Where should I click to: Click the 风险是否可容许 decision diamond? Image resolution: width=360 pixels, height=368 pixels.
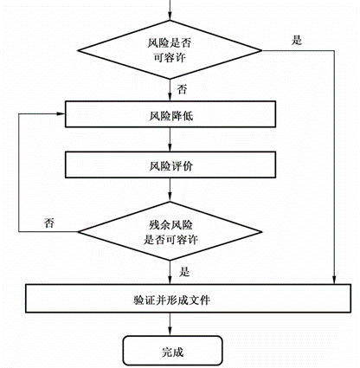click(x=170, y=50)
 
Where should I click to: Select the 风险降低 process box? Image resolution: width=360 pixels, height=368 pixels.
click(x=170, y=114)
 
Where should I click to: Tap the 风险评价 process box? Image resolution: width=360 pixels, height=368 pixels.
click(x=170, y=165)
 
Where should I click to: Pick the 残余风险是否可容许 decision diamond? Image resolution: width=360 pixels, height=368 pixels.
click(x=170, y=231)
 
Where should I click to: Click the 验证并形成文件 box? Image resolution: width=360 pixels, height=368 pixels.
click(x=188, y=299)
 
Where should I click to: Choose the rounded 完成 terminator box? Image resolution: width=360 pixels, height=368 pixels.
click(x=172, y=351)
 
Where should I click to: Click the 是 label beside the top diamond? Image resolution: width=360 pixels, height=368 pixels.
click(x=297, y=40)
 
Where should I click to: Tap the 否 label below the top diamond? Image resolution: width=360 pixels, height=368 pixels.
click(x=182, y=89)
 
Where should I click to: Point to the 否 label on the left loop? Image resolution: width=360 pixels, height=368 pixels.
click(x=49, y=223)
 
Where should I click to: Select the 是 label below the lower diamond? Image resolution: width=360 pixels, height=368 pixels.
click(x=184, y=272)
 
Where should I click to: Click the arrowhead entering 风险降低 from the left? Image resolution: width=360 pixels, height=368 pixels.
click(x=61, y=113)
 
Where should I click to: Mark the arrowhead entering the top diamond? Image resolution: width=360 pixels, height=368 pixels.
click(x=170, y=16)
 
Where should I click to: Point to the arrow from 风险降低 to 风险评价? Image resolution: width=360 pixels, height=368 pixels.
click(x=170, y=139)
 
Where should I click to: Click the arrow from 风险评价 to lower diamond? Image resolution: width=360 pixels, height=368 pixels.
click(x=170, y=190)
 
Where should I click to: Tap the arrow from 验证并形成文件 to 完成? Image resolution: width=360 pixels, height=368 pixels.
click(x=170, y=324)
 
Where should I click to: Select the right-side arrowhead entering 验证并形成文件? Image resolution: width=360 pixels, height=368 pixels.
click(x=334, y=281)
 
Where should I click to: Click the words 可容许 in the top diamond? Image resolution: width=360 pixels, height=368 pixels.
click(x=170, y=58)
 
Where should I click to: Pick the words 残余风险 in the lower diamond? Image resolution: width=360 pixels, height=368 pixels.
click(x=170, y=224)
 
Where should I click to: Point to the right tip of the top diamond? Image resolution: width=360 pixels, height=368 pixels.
click(x=262, y=50)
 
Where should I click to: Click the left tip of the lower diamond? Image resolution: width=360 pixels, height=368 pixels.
click(x=78, y=231)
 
